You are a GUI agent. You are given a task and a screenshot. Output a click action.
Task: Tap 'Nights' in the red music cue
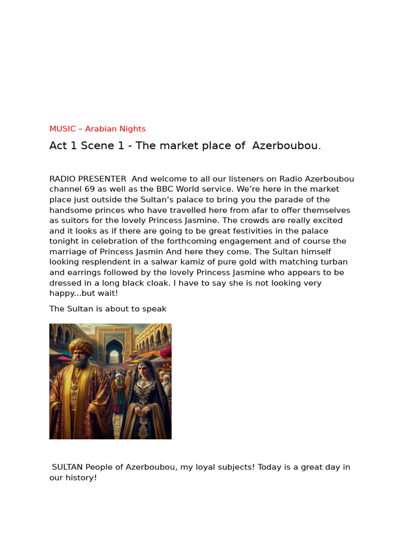[x=133, y=129]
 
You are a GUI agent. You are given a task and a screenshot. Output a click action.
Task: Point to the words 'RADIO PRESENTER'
[x=88, y=179]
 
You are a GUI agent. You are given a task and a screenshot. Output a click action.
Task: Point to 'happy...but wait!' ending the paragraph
[x=83, y=293]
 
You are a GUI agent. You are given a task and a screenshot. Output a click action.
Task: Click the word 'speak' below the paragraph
[x=154, y=309]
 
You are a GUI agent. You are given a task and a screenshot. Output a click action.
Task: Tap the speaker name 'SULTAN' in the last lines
[x=67, y=467]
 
